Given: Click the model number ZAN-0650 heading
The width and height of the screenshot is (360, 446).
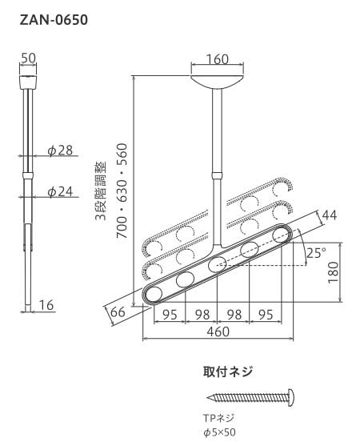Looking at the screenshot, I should click(53, 17).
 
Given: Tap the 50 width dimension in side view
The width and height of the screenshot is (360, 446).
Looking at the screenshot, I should click(30, 58).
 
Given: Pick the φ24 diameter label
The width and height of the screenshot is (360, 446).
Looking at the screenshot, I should click(60, 191).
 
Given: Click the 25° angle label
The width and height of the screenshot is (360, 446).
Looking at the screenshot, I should click(318, 252).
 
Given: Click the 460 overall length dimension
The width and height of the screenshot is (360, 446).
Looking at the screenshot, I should click(218, 331).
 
